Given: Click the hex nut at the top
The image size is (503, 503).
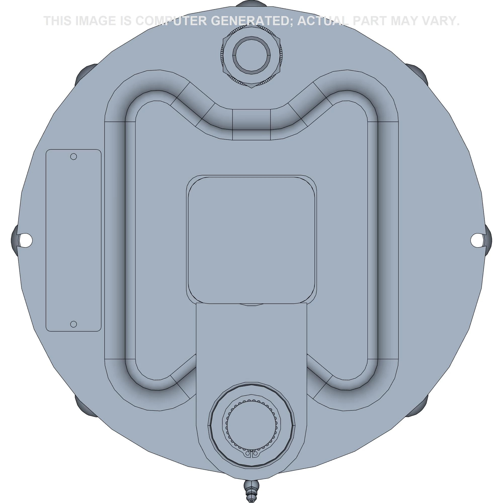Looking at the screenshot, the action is coord(251,55).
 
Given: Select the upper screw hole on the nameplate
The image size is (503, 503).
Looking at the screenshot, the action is coord(74,156).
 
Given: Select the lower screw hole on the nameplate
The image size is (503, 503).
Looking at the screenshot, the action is coord(74,324).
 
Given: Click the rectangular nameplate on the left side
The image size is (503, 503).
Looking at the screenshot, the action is coord(73,240).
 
